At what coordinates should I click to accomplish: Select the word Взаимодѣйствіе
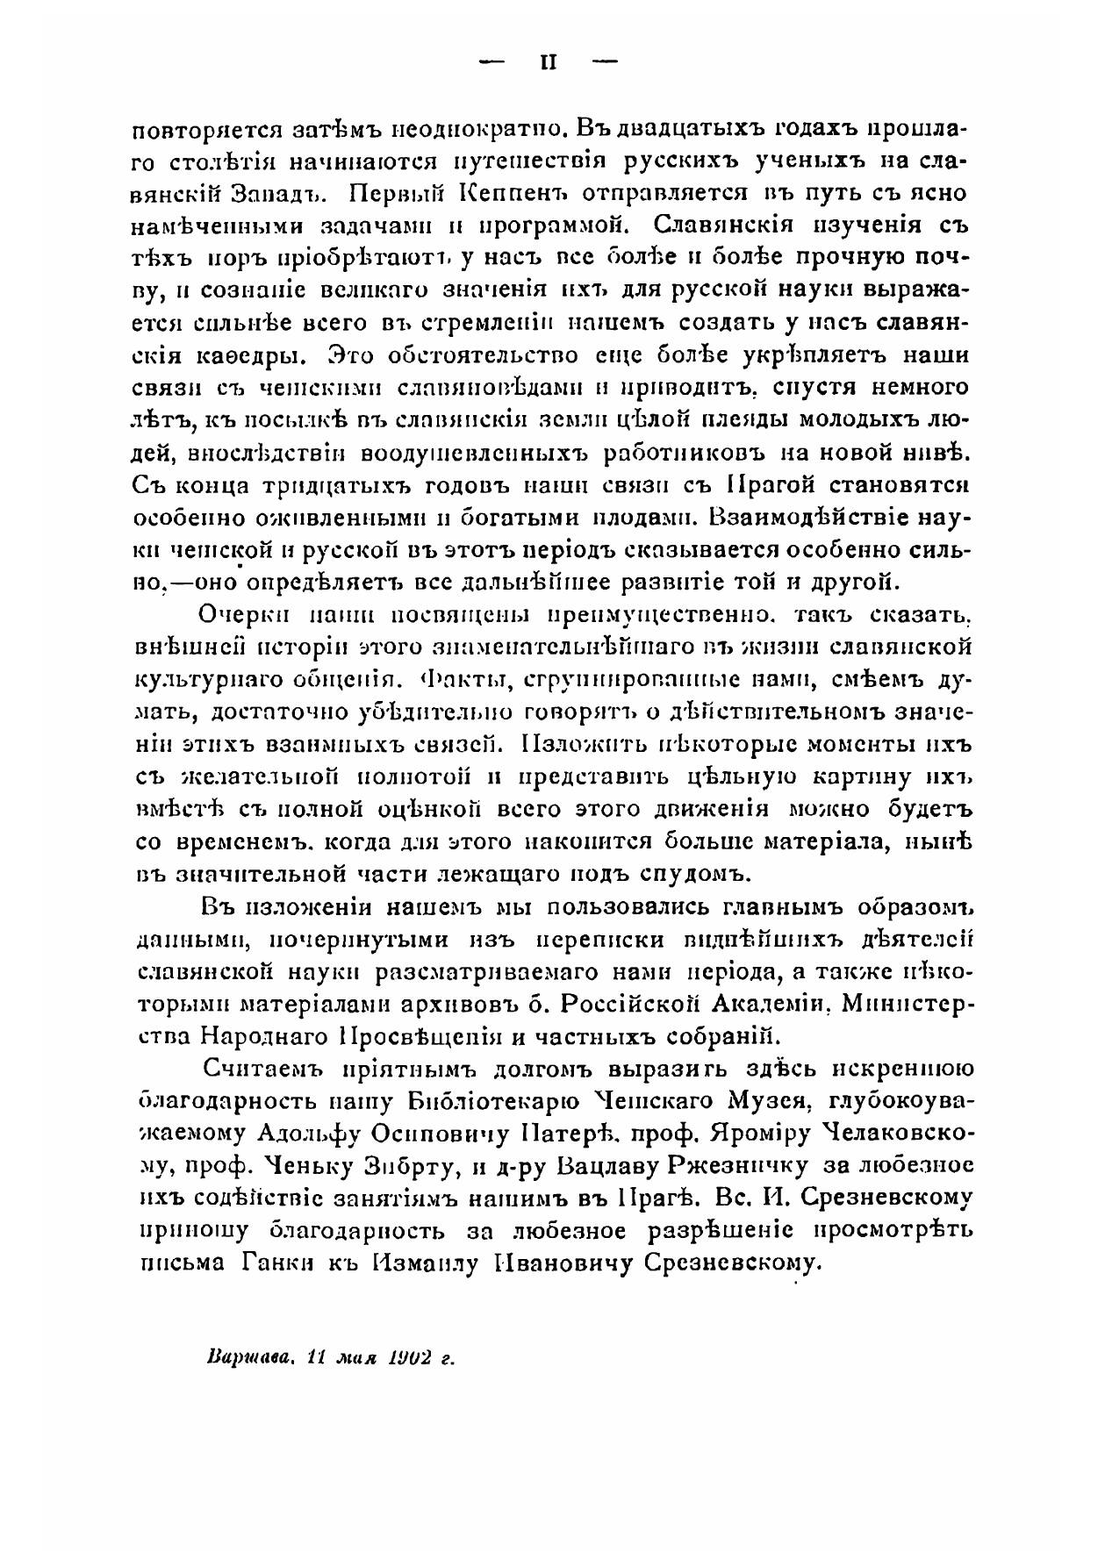click(814, 517)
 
